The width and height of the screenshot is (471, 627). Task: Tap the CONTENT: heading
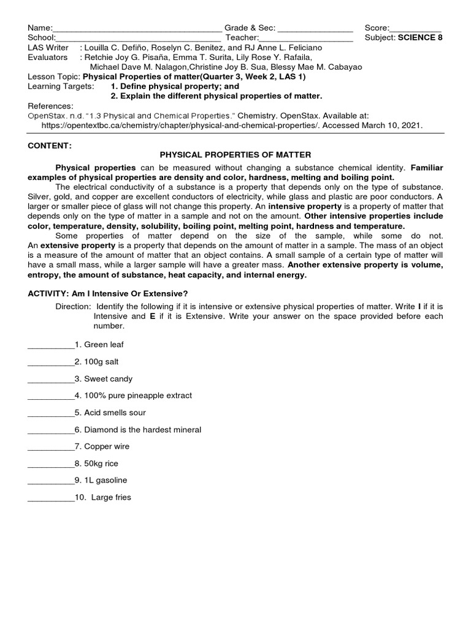[50, 146]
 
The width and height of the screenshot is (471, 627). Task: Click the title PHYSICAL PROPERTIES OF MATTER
[235, 156]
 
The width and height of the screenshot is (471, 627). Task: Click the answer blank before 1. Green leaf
[51, 345]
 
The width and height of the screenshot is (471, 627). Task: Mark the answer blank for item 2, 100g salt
[51, 362]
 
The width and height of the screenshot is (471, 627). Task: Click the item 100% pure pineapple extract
[138, 396]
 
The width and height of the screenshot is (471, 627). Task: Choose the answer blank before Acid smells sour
[51, 413]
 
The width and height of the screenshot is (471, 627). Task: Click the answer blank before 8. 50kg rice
[51, 464]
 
